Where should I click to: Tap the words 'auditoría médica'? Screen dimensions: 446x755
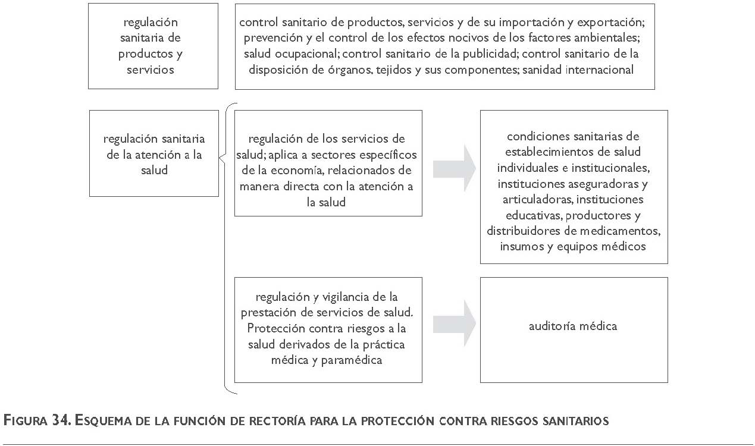coord(573,326)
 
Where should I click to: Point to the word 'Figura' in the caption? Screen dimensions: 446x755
coord(25,420)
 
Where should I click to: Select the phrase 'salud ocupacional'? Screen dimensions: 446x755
coord(292,54)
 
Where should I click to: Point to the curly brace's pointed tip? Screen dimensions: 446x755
coord(220,158)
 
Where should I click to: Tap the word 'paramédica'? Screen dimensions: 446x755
coord(351,360)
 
